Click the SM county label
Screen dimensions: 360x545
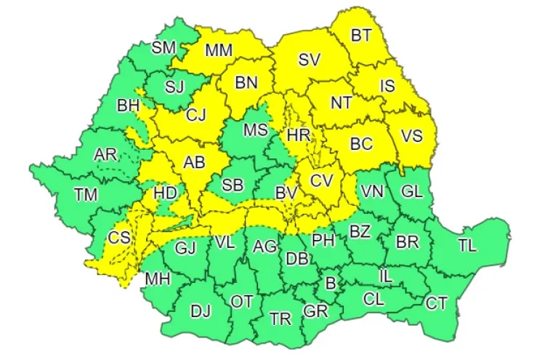click(163, 48)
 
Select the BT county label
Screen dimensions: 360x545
click(360, 35)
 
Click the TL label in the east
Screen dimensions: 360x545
click(467, 245)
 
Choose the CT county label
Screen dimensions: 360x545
click(436, 302)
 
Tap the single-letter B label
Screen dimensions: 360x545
click(331, 283)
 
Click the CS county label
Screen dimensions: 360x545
click(119, 238)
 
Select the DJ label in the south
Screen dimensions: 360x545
click(201, 311)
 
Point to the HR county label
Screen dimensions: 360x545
click(298, 135)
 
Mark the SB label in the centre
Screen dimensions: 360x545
click(232, 185)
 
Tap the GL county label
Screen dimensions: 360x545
click(411, 192)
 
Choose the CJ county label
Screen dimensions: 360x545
click(195, 115)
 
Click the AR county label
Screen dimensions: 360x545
click(105, 154)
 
